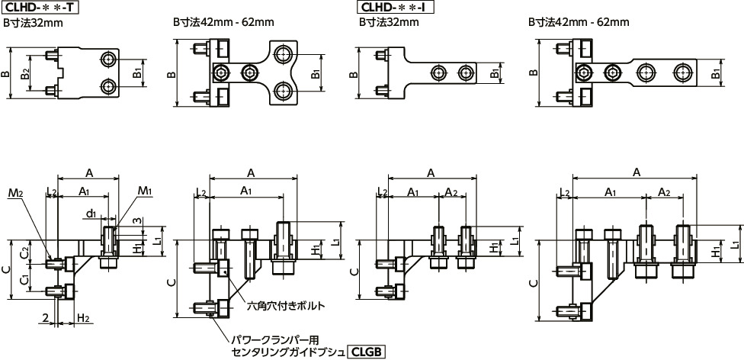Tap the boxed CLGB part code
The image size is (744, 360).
coord(367,352)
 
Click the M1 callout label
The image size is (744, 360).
coord(146,191)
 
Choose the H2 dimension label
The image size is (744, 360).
coord(84,317)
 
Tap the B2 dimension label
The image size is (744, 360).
coord(26,73)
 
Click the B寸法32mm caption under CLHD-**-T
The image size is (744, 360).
coord(34,23)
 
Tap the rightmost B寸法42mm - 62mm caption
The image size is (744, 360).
coord(579,23)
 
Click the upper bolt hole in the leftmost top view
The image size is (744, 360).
coord(109,59)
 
